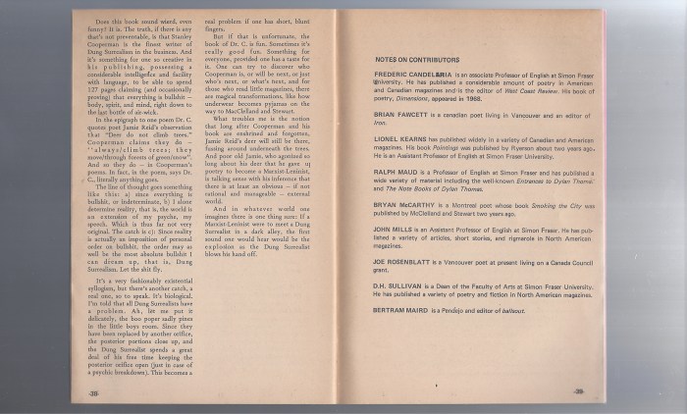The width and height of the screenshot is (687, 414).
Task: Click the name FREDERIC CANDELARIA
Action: (x=413, y=74)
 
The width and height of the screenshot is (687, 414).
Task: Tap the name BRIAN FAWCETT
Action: (x=399, y=115)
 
